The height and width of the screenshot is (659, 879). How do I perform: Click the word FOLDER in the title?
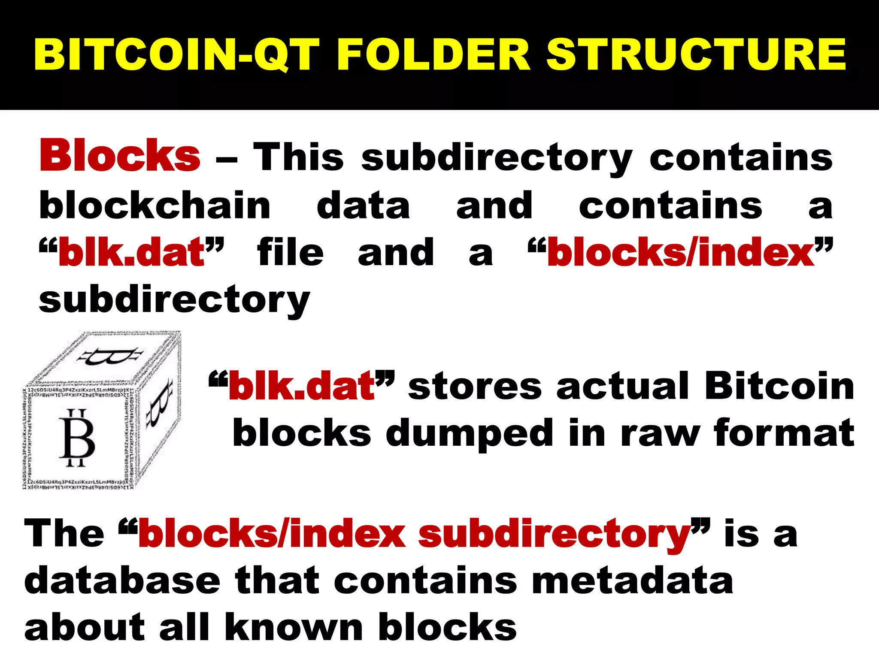433,54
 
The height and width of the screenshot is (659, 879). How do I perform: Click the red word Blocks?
120,155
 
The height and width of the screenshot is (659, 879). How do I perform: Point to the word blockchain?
155,205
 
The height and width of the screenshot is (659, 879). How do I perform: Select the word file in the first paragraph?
290,252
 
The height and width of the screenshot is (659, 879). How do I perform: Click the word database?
122,580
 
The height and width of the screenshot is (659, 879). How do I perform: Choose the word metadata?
633,580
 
